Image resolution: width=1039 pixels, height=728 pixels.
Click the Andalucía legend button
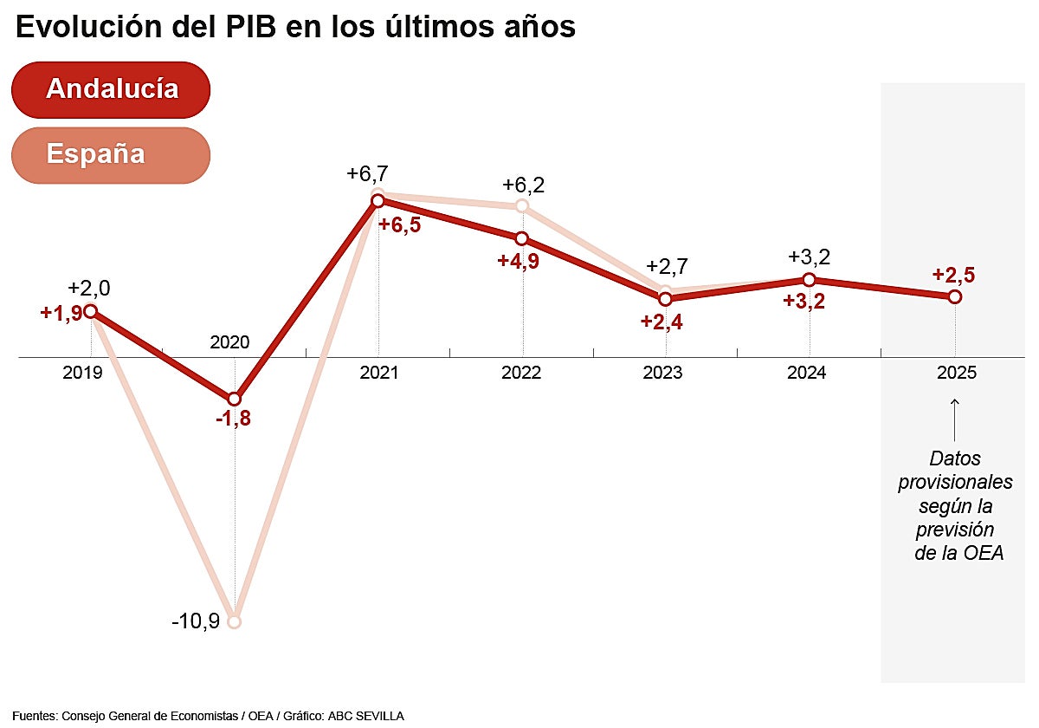click(111, 89)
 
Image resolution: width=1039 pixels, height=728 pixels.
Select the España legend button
click(111, 155)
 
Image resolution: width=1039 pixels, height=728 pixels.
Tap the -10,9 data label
click(195, 622)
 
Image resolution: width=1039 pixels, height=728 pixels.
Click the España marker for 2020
click(234, 621)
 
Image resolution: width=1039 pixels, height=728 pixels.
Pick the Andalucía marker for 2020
click(234, 399)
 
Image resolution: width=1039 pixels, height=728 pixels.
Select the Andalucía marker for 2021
click(378, 201)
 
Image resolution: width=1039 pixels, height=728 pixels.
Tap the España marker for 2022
click(521, 205)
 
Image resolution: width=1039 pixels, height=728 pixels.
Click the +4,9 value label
click(519, 261)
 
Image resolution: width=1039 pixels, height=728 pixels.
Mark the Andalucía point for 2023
click(665, 299)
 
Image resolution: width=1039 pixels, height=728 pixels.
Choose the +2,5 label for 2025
click(953, 275)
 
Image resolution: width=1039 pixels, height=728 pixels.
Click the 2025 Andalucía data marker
click(954, 296)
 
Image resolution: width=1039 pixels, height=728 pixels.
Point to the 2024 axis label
click(808, 373)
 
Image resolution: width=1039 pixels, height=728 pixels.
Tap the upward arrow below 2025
click(954, 419)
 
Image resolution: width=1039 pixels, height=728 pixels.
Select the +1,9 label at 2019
click(61, 314)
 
